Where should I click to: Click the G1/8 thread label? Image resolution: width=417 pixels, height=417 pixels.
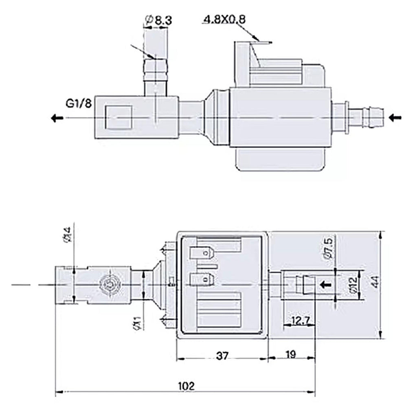[79, 103]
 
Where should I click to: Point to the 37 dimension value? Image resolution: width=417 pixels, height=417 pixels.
[222, 356]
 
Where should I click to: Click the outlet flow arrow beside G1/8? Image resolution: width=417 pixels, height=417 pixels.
[57, 118]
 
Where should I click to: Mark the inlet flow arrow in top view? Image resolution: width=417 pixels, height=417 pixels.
[395, 118]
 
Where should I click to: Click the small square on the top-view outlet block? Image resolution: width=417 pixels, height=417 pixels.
[119, 117]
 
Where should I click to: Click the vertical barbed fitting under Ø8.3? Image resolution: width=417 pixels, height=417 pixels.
[156, 75]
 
